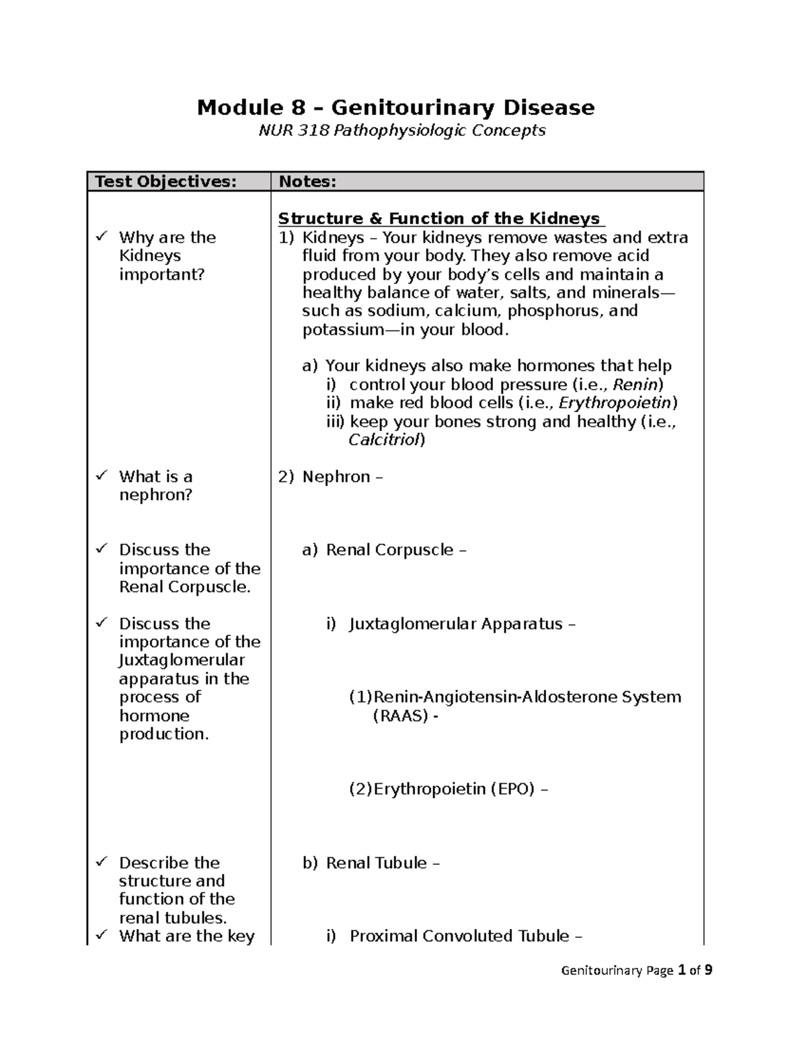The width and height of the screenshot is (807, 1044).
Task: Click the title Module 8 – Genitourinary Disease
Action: pos(395,108)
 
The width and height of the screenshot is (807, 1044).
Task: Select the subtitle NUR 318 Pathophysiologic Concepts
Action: pos(402,130)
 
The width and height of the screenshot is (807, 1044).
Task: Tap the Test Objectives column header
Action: pos(165,182)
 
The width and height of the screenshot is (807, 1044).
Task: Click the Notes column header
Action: pos(307,182)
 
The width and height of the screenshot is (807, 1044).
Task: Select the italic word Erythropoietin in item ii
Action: pos(615,403)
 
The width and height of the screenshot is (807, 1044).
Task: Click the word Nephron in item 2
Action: pos(336,477)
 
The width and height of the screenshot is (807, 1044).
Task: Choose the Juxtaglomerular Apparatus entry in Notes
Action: pos(455,624)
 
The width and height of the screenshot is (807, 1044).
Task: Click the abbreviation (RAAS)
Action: pos(400,716)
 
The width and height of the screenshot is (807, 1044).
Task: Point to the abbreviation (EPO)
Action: pos(512,789)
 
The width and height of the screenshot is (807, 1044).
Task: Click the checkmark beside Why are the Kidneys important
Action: pos(102,237)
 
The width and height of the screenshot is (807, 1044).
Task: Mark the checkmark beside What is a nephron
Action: pos(102,476)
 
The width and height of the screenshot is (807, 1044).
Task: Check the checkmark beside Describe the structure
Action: pos(102,862)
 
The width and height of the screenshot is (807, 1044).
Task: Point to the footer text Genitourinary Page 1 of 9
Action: pos(636,970)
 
